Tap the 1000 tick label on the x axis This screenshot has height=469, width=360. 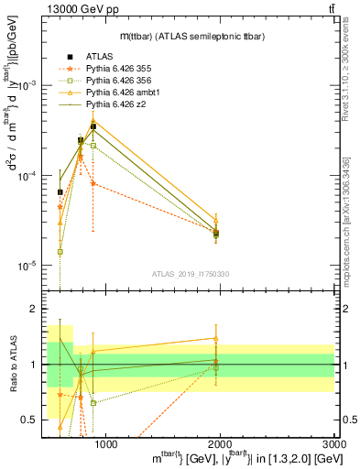pyautogui.click(x=105, y=445)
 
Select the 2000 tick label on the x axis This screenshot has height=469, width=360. pyautogui.click(x=222, y=445)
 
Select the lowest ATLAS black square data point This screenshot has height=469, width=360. pyautogui.click(x=215, y=234)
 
